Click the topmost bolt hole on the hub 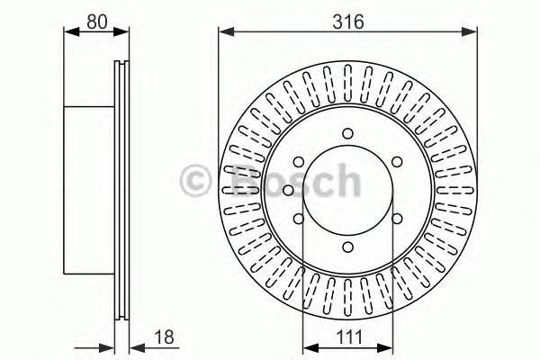coord(347,136)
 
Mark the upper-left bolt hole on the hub coord(298,163)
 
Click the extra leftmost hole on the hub coord(286,190)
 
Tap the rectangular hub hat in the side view coord(90,189)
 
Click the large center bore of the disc coord(347,193)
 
